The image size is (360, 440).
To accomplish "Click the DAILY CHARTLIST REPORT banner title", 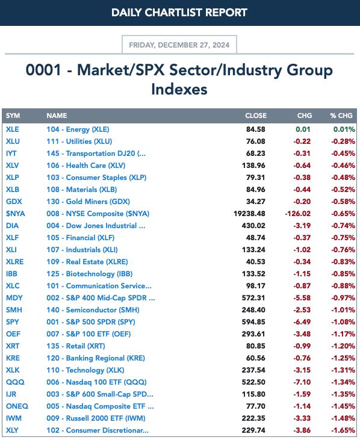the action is tap(179, 13).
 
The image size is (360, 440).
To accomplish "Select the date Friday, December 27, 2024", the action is tap(179, 45).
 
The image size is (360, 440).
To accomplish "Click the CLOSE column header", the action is tap(256, 116).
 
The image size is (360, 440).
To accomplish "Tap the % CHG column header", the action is tap(341, 116).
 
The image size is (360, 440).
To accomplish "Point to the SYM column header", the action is tap(13, 116).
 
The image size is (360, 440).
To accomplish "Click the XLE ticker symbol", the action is tap(13, 129).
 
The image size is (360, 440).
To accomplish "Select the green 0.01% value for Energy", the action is tap(344, 129).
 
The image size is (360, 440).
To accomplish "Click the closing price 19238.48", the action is tap(249, 214).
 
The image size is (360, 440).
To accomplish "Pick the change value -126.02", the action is tap(298, 214).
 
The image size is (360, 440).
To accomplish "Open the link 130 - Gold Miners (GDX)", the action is tap(88, 202).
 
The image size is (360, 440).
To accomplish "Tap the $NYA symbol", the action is tap(16, 214).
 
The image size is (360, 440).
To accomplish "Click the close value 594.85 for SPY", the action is tap(253, 322).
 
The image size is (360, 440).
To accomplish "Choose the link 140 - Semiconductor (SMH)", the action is tap(93, 310).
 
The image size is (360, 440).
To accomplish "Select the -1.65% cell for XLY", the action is tap(343, 430).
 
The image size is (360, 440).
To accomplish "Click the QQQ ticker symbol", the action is tap(15, 382).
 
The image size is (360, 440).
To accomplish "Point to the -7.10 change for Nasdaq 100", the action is tap(302, 382).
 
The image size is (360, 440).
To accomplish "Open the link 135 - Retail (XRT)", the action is tap(76, 346).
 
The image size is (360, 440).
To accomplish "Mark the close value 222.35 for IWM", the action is tap(253, 418).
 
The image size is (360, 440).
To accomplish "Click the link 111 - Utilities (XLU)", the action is tap(79, 141).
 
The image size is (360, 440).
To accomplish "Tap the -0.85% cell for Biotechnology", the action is tap(343, 274).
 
